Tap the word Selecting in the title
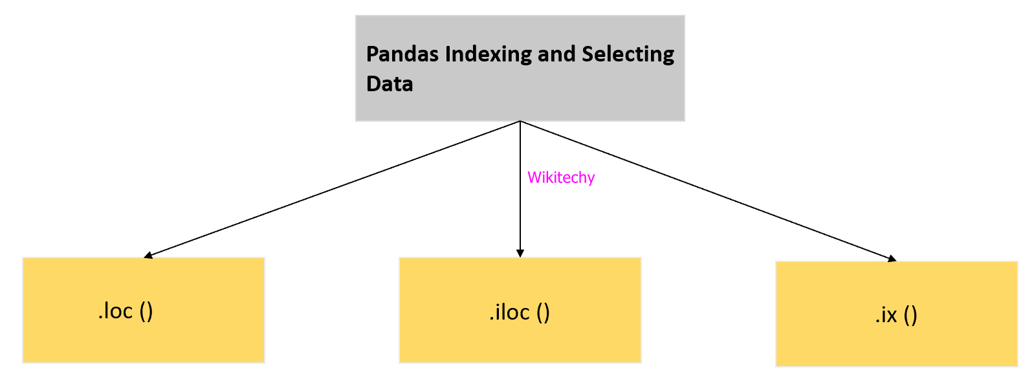[x=628, y=54]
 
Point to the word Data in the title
[x=390, y=84]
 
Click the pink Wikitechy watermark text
[x=560, y=178]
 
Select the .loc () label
[x=126, y=311]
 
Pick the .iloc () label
[x=520, y=312]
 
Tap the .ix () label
[x=896, y=315]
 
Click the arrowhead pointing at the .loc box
[x=148, y=256]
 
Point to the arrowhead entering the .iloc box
[x=520, y=253]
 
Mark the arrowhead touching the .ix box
[x=892, y=259]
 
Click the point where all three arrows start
[x=520, y=122]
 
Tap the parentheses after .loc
[x=146, y=312]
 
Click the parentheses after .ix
[x=910, y=316]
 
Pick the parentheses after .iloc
[x=543, y=313]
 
